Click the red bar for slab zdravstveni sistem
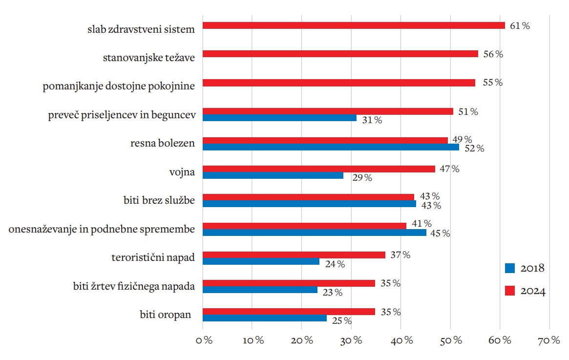coord(353,25)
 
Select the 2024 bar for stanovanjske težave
coord(340,54)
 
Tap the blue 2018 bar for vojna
coord(273,175)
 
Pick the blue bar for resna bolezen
coord(331,147)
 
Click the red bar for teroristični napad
coord(294,255)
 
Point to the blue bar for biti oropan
coord(264,318)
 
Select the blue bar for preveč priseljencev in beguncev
coord(279,118)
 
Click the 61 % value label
coord(520,26)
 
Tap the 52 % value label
coord(474,148)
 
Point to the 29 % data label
coord(362,178)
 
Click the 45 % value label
coord(440,233)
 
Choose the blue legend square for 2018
coord(510,268)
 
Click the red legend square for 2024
coord(510,291)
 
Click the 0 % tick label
coord(203,340)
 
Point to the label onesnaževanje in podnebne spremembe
coord(102,229)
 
